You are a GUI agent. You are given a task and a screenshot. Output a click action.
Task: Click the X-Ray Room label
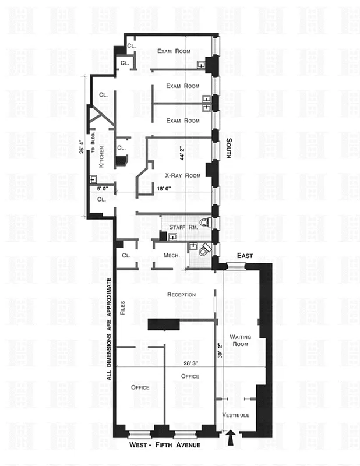coord(182,175)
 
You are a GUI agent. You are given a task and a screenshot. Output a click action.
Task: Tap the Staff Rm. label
coord(181,227)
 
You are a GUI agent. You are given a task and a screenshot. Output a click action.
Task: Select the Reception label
coord(181,295)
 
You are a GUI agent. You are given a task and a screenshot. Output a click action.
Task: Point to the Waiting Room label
coord(239,340)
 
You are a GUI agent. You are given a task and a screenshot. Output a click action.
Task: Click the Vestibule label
coord(236,415)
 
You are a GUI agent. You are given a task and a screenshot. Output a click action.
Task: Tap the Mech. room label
coord(171,256)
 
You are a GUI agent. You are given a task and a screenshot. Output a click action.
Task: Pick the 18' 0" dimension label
coord(164,188)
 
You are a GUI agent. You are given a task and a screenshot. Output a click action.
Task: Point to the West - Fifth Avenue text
coord(164,446)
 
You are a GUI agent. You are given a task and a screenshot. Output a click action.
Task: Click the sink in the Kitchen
coord(93,179)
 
